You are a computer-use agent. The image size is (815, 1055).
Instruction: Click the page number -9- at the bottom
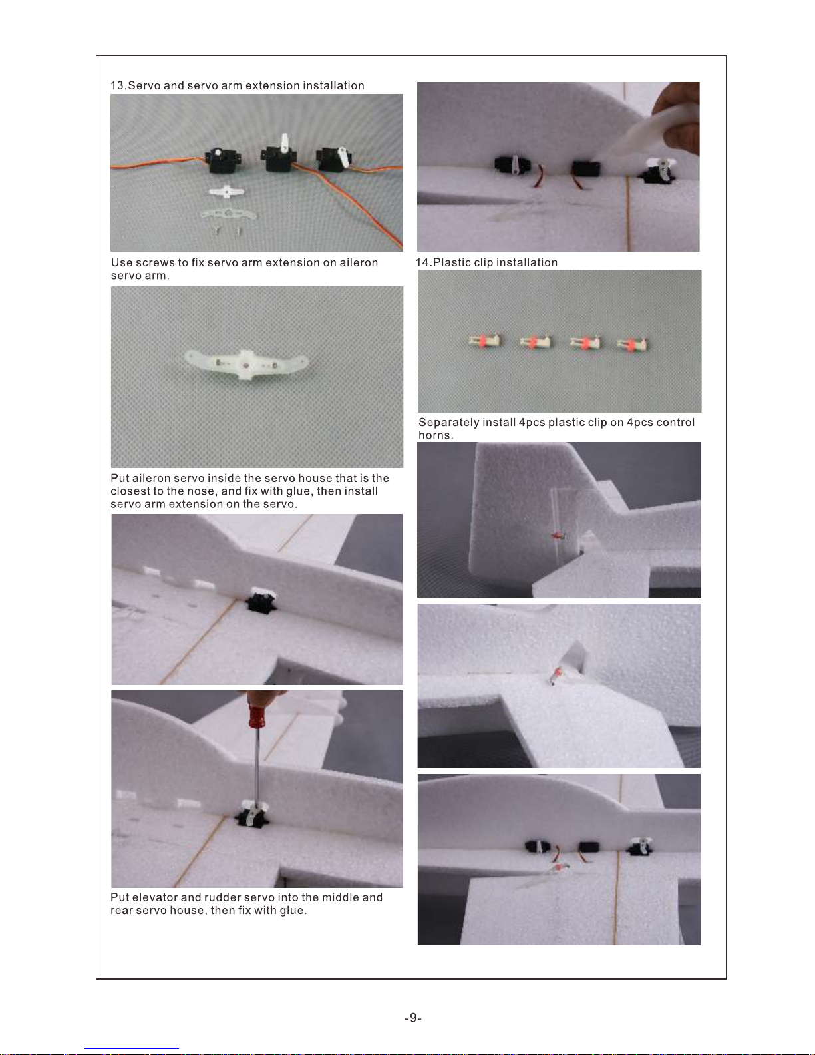413,1018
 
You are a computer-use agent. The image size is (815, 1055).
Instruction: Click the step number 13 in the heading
117,85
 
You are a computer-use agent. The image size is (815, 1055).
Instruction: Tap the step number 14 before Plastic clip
422,262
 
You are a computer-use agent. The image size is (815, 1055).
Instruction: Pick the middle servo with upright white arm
279,154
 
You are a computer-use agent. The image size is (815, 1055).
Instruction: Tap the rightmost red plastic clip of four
632,345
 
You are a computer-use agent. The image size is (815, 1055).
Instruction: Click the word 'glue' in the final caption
293,911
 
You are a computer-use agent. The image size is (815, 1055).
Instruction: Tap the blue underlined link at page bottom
132,1049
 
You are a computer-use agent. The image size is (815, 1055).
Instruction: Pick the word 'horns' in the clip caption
434,435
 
